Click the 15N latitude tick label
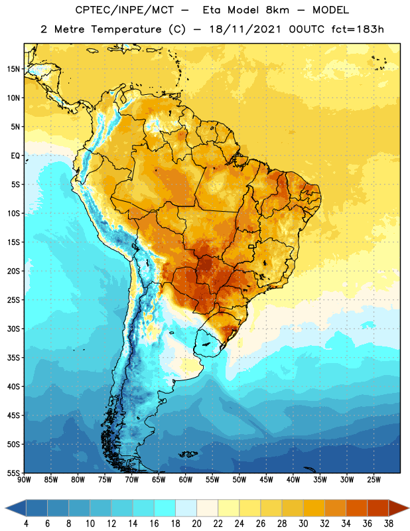click(x=13, y=69)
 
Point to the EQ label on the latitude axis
click(x=15, y=156)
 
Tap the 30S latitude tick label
click(x=13, y=329)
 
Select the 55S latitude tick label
click(x=13, y=473)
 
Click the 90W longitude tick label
click(x=24, y=480)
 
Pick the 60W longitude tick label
click(x=186, y=480)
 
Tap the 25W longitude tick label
click(x=374, y=480)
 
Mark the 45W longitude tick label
click(x=266, y=480)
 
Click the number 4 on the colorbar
click(x=26, y=524)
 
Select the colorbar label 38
click(x=389, y=524)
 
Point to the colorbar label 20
click(x=196, y=524)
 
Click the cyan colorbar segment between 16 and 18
click(x=165, y=508)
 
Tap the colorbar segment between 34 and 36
click(x=356, y=508)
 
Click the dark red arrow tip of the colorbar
click(x=399, y=508)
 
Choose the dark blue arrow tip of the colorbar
click(x=15, y=508)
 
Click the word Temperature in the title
click(x=126, y=29)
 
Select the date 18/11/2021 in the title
click(x=245, y=29)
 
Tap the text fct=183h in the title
click(x=358, y=29)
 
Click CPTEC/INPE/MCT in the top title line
click(x=125, y=10)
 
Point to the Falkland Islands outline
click(x=188, y=454)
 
